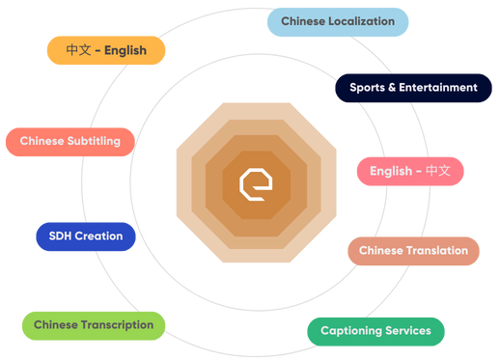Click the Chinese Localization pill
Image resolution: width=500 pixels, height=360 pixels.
tap(338, 21)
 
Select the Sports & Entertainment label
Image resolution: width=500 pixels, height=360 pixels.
tap(413, 88)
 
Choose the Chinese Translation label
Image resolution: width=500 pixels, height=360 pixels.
tap(413, 251)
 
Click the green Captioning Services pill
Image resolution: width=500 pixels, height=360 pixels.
tap(375, 331)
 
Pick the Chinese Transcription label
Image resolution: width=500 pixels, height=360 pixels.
tap(94, 325)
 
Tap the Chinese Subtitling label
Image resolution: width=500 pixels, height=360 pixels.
tap(70, 141)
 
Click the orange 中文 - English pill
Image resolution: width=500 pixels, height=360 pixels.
tap(106, 51)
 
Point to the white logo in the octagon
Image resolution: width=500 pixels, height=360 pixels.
tap(255, 183)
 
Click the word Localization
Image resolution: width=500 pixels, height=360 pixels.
tap(360, 21)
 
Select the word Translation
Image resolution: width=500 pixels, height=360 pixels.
tap(437, 251)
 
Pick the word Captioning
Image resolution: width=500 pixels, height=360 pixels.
tap(348, 331)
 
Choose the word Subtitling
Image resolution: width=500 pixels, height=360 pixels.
tap(94, 141)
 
